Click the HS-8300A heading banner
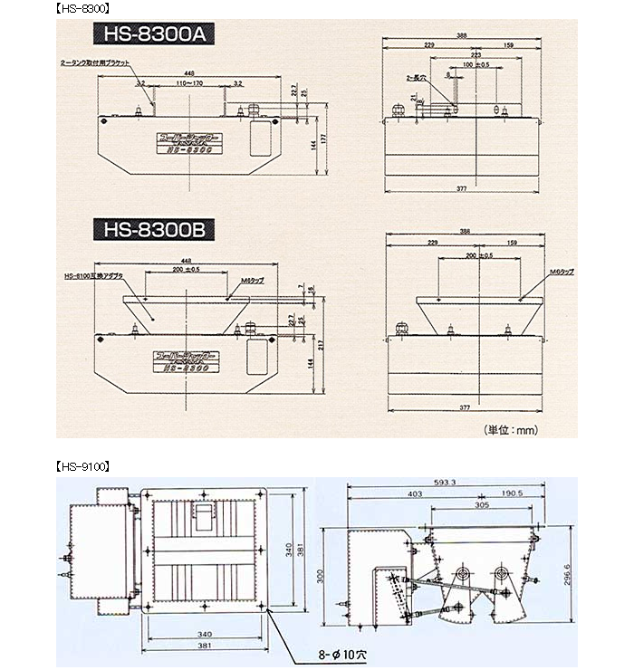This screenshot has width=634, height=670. click(x=150, y=38)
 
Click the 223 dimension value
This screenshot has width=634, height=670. click(x=475, y=55)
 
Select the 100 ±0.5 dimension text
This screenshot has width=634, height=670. click(x=475, y=65)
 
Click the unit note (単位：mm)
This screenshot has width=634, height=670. click(x=513, y=431)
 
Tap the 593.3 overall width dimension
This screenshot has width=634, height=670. click(x=469, y=483)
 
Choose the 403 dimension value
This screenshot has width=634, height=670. click(x=415, y=493)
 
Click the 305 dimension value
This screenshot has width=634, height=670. click(x=483, y=506)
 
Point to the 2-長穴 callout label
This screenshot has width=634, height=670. click(x=416, y=78)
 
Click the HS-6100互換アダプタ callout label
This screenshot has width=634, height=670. click(x=94, y=274)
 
